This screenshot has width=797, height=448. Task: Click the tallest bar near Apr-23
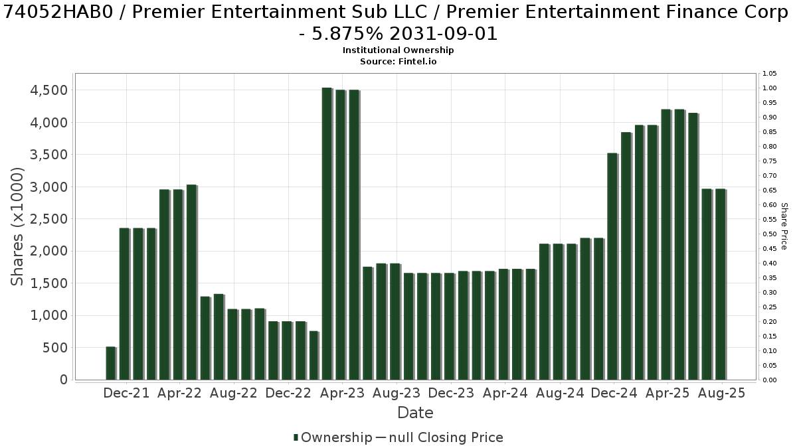(x=327, y=234)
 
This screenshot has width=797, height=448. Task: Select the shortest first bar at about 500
(x=111, y=363)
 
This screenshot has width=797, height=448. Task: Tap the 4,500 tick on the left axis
(x=48, y=90)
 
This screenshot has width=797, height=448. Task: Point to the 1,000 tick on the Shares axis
(x=48, y=315)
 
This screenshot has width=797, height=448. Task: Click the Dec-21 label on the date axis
(x=126, y=393)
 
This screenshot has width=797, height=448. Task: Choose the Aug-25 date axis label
(x=721, y=393)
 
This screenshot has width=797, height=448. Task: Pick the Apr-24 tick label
(x=505, y=393)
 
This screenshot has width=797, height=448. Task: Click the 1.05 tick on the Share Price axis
(x=769, y=74)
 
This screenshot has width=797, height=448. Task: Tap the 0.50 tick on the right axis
(x=769, y=234)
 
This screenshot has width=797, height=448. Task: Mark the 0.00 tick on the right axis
(x=769, y=380)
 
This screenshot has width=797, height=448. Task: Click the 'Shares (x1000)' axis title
(x=17, y=226)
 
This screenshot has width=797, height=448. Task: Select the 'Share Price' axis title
(x=784, y=226)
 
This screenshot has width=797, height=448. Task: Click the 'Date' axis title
(x=415, y=413)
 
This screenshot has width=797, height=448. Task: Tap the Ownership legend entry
(x=333, y=437)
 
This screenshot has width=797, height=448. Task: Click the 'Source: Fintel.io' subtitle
(x=398, y=62)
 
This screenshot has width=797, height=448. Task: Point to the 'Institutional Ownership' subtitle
(x=398, y=50)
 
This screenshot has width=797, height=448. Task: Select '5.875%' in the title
(x=347, y=34)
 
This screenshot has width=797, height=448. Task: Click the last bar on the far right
(x=721, y=285)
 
